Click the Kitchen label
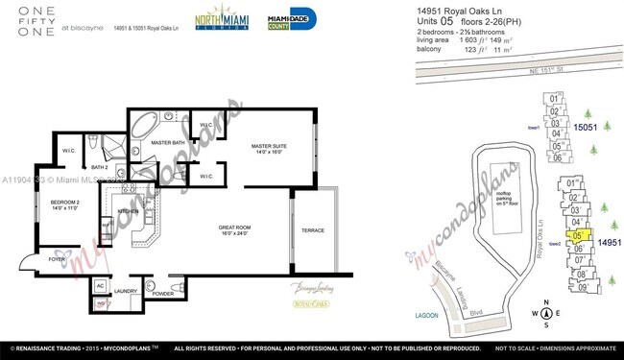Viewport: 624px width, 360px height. click(129, 211)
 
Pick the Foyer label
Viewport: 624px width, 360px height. click(59, 259)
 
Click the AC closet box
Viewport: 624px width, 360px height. click(99, 284)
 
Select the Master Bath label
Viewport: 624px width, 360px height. click(168, 142)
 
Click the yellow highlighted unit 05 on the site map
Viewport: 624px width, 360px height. click(578, 234)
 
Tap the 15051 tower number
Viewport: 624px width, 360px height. click(586, 127)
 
